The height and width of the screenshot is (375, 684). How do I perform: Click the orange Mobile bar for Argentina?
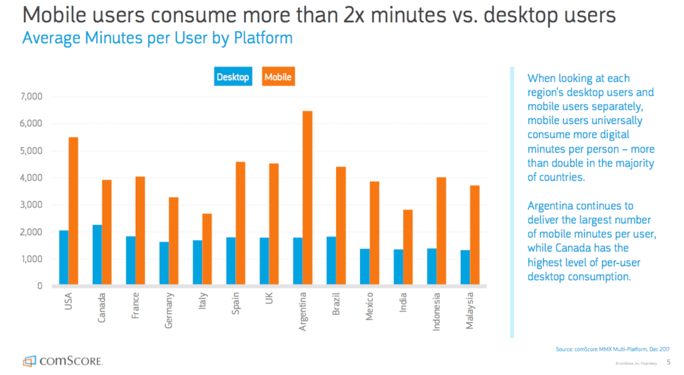pos(308,198)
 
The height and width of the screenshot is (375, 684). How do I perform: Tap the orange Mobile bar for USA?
pos(73,212)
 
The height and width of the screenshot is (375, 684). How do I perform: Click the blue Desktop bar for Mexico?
pos(365,267)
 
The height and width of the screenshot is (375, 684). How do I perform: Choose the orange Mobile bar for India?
pos(408,247)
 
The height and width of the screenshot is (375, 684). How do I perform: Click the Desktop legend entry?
pos(233,77)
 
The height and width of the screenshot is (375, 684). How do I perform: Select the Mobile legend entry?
pos(278,77)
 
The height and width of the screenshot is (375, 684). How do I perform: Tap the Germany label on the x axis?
pos(169,310)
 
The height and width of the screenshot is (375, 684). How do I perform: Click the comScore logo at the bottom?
pos(63,360)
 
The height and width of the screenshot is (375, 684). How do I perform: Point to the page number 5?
pos(669,362)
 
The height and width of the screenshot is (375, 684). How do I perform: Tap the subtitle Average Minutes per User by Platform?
pos(157,39)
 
